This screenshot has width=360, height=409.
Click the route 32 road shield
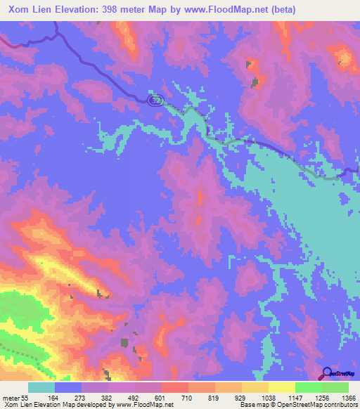coord(155,99)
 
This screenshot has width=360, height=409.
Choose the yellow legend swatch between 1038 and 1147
coord(281,387)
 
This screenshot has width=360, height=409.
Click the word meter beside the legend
coord(11,398)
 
